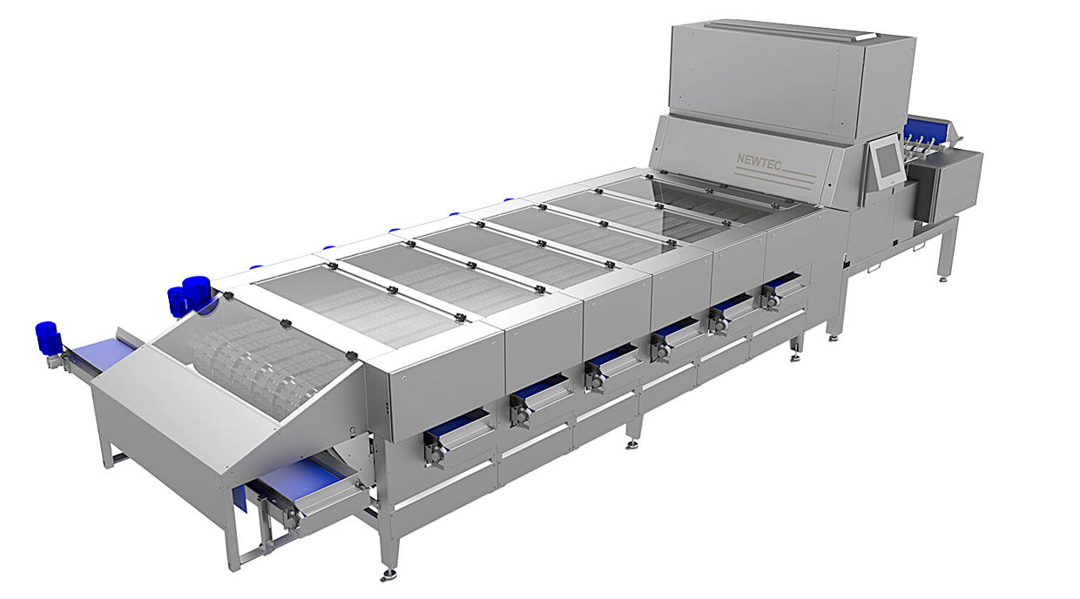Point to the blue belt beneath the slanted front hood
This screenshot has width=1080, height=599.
(298, 476)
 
